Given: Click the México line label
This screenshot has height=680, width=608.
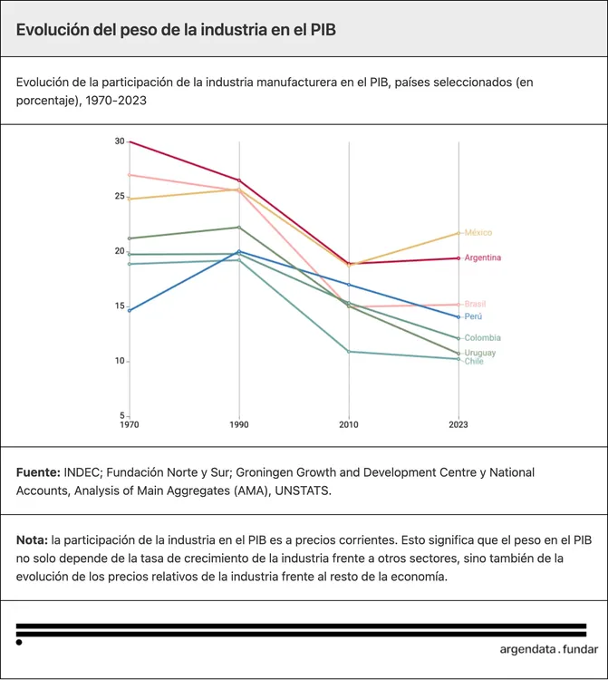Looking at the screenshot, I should (x=478, y=233).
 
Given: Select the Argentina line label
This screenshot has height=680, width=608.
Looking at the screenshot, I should (x=482, y=257).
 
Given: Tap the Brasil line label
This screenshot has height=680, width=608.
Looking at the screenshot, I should (x=475, y=304).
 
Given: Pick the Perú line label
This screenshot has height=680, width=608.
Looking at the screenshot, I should (x=473, y=316).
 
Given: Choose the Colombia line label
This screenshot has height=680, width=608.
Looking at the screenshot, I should (x=482, y=338).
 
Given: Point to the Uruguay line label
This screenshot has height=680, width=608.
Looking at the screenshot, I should (x=480, y=353).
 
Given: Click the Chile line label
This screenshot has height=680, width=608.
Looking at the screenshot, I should (x=474, y=362).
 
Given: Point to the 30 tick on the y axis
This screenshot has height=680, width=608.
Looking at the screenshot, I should (x=120, y=141).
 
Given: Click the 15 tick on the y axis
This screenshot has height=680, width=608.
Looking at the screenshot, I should (x=120, y=306).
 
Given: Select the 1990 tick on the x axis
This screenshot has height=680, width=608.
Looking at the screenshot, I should (x=239, y=424).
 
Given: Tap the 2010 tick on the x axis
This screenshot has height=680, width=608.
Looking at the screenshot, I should (x=349, y=424).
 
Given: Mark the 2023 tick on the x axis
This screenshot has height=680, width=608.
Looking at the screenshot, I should (x=458, y=424).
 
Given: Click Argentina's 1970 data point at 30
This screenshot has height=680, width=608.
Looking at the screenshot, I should (x=130, y=141).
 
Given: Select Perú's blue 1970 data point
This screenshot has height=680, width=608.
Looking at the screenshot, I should (x=130, y=310).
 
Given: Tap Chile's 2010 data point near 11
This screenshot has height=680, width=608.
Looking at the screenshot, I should (x=349, y=351).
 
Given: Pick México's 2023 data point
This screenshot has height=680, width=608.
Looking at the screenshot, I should (x=458, y=233).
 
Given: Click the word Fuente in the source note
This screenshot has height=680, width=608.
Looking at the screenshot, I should (x=37, y=472).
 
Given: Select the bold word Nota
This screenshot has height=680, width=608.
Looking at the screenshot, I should (x=32, y=539).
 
